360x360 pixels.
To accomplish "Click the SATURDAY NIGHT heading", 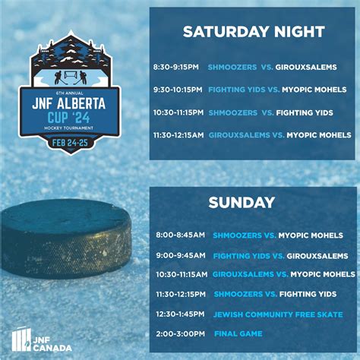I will click(x=254, y=32).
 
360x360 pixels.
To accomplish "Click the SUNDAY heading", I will click(x=242, y=203).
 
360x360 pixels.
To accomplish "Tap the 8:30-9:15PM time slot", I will click(x=176, y=68).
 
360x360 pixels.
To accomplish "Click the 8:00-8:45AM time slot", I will click(x=179, y=236).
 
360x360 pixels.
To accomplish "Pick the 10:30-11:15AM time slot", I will click(x=182, y=274).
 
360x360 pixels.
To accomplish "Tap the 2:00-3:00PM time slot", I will click(x=179, y=333).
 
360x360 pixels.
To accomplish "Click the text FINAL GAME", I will click(x=238, y=333).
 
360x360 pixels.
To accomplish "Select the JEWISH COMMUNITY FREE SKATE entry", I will click(x=278, y=314).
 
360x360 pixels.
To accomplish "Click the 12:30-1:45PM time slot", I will click(x=180, y=314).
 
